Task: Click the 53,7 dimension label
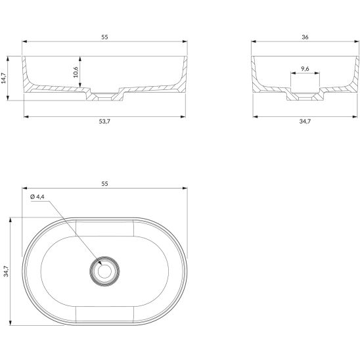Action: [x=104, y=122]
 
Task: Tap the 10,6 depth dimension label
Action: [x=76, y=72]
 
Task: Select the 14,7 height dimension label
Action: [x=3, y=78]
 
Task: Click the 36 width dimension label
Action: [x=305, y=37]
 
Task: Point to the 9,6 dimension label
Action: [x=305, y=68]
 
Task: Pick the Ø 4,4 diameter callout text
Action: [x=37, y=197]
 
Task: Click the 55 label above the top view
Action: [x=104, y=184]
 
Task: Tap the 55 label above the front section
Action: [x=104, y=37]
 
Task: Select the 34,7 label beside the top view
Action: [x=6, y=271]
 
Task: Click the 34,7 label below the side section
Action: [x=305, y=122]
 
